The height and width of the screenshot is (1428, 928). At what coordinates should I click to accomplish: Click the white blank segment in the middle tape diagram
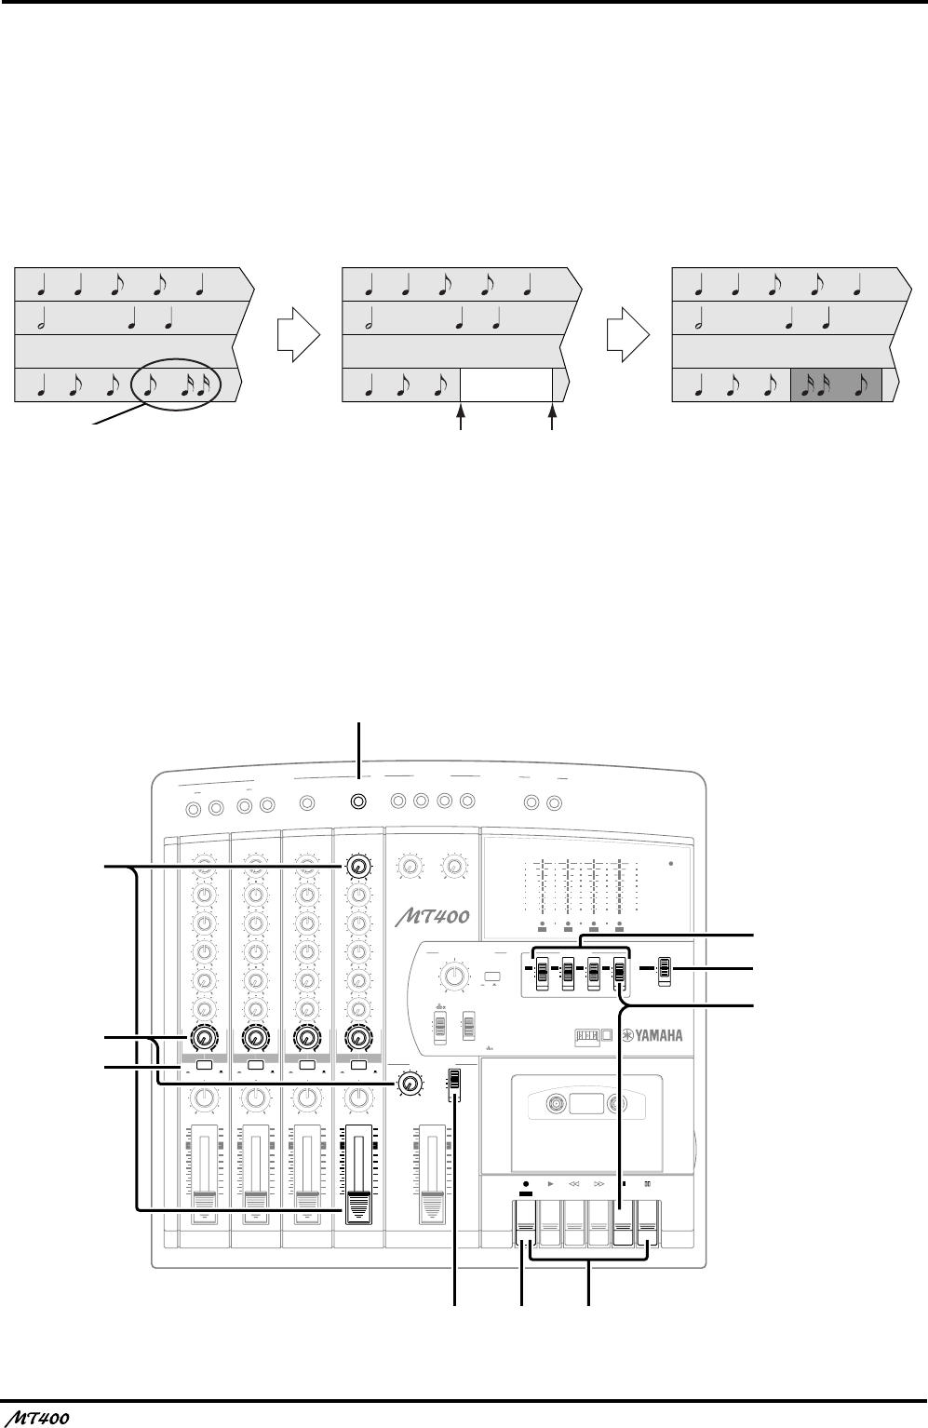[506, 384]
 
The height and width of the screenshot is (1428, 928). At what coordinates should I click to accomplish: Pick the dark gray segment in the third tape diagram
[835, 384]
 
